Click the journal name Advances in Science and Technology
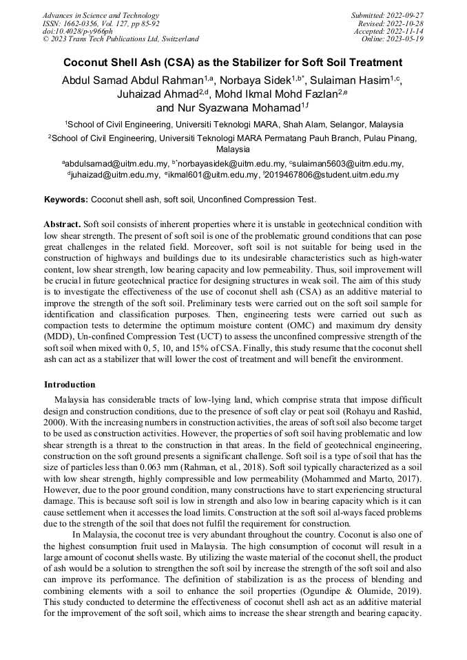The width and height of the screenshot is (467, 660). (x=101, y=15)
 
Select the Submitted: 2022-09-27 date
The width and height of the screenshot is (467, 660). (x=387, y=15)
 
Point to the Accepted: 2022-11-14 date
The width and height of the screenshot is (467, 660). (x=388, y=31)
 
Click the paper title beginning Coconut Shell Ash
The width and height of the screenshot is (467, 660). (x=233, y=62)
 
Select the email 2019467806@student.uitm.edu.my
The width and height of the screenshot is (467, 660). (x=333, y=175)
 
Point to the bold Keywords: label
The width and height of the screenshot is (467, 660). (x=65, y=200)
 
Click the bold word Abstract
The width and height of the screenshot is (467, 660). (x=62, y=224)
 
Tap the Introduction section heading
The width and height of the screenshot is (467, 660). (x=70, y=384)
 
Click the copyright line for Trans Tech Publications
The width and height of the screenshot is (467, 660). (x=121, y=39)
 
